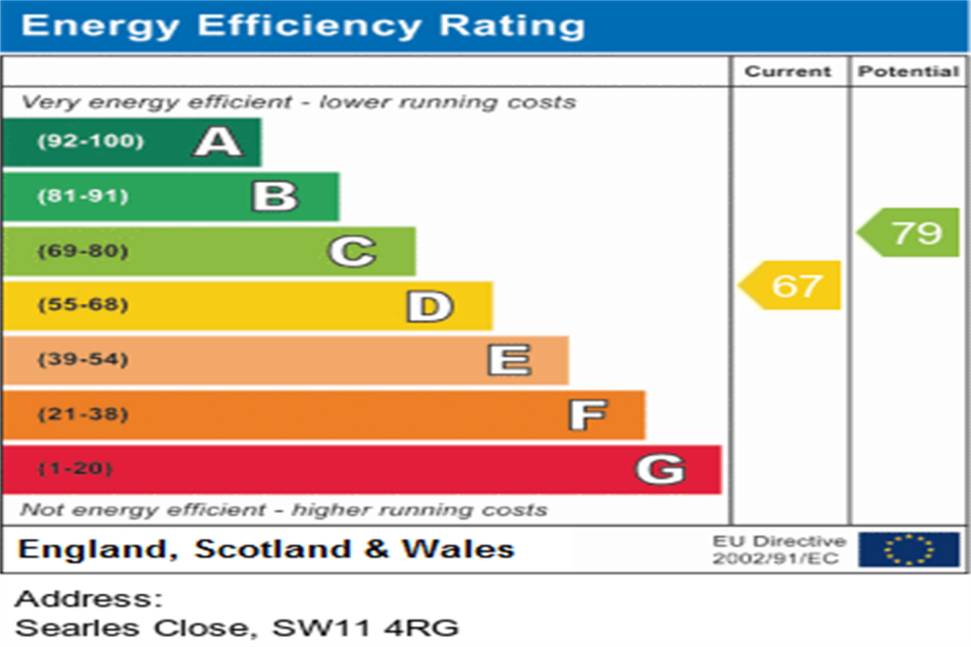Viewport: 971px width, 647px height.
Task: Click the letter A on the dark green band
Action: [218, 142]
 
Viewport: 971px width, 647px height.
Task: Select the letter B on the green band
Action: [275, 196]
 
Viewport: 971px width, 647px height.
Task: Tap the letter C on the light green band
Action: [352, 251]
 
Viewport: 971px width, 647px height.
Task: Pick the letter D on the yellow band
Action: [430, 306]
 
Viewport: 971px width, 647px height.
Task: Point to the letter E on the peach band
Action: [508, 360]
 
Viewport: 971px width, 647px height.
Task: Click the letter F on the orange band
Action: [587, 415]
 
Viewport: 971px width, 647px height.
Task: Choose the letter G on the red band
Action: [660, 469]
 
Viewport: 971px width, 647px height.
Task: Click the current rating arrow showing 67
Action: [791, 285]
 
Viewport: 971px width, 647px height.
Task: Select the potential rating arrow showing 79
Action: [909, 232]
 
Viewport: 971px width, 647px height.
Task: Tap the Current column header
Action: [788, 72]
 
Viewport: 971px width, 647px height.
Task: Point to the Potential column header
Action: [908, 72]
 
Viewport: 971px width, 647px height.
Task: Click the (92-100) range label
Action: [91, 142]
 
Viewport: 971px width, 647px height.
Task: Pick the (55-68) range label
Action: [82, 306]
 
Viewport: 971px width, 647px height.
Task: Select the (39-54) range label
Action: [82, 360]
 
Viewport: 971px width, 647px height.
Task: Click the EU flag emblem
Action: [908, 549]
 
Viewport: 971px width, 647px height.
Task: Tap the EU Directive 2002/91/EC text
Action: [779, 549]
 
